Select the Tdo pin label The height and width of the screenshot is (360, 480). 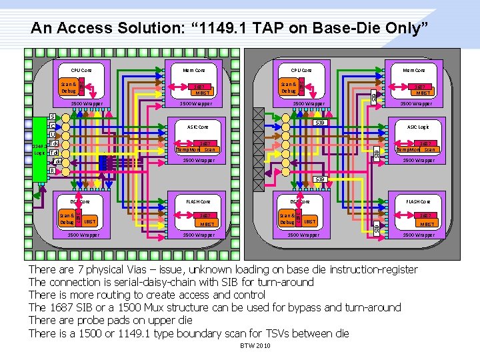click(x=57, y=162)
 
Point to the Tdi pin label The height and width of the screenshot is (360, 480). click(x=53, y=153)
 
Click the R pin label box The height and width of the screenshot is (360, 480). click(x=52, y=171)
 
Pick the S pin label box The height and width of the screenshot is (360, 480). click(x=52, y=117)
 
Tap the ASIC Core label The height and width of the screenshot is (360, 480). click(x=198, y=126)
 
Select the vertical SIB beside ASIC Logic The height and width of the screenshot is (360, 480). click(x=377, y=153)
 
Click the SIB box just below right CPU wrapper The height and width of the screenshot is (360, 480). click(x=319, y=123)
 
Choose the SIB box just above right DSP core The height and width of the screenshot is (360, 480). click(x=319, y=179)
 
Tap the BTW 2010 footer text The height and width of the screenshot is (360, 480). click(x=255, y=346)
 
